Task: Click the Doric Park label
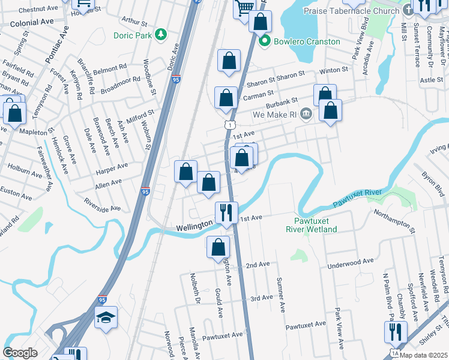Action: click(x=132, y=35)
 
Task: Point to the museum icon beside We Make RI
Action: click(x=306, y=113)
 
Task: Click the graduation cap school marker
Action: click(x=106, y=317)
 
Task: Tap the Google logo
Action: click(x=20, y=353)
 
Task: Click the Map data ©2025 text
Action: click(x=424, y=355)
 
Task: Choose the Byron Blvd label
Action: click(x=432, y=183)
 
